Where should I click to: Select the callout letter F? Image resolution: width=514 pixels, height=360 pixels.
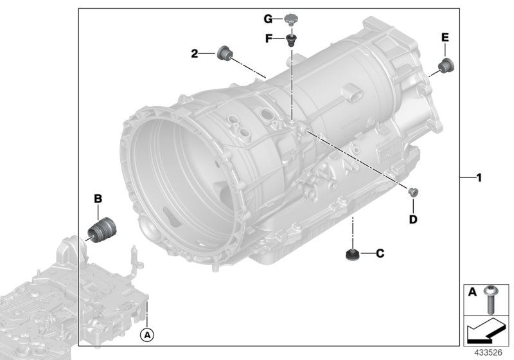[270, 38]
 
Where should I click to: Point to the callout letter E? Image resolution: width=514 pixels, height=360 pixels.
[444, 38]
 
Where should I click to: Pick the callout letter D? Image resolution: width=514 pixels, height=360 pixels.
[413, 220]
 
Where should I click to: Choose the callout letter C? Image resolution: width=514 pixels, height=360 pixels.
[380, 254]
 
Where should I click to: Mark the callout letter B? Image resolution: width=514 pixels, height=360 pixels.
[98, 199]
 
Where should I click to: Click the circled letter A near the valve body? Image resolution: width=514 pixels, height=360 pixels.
[147, 334]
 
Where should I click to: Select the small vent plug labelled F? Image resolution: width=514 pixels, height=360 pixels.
[291, 40]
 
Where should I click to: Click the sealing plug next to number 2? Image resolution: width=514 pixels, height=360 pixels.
[226, 53]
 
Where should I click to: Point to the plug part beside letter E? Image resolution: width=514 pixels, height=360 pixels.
[444, 64]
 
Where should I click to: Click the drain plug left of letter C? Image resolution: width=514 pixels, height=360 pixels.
[352, 255]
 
